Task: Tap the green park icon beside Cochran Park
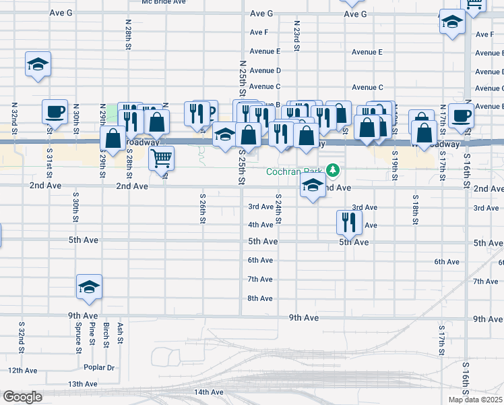[x=332, y=169]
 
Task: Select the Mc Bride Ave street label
[x=163, y=2]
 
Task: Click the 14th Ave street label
[x=208, y=392]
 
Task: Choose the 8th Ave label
[x=260, y=298]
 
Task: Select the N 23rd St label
[x=296, y=33]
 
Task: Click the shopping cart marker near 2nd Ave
[x=162, y=159]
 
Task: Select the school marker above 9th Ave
[x=88, y=288]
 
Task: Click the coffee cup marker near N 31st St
[x=55, y=112]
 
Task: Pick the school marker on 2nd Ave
[x=313, y=188]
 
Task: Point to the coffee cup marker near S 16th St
[x=462, y=115]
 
